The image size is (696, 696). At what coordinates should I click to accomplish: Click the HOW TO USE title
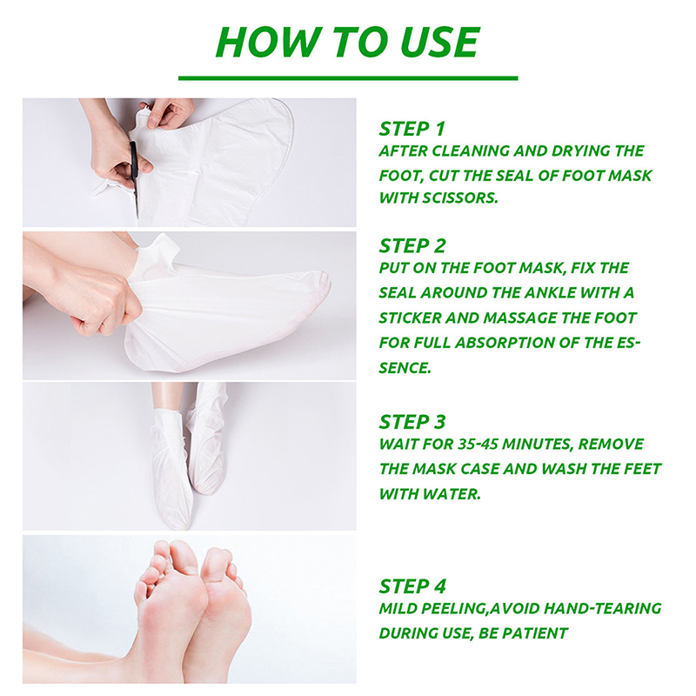coord(347,42)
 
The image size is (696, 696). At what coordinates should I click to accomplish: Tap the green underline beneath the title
coord(348,78)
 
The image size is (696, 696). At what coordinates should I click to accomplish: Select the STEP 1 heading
coord(412,129)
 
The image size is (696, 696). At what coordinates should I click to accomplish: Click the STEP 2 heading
coord(412,246)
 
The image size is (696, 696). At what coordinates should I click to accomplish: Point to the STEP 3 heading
coord(412,422)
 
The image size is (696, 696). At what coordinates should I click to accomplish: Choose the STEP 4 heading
coord(412,586)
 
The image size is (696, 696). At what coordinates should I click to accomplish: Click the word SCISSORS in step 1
coord(459,198)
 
